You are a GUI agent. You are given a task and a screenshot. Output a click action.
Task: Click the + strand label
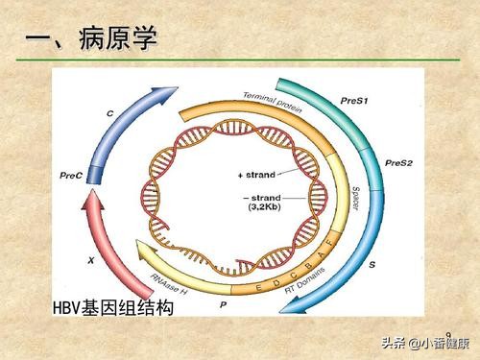tap(255, 174)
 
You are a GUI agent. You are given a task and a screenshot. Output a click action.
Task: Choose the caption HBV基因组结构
tap(113, 308)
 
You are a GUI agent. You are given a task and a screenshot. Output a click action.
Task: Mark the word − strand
tap(255, 196)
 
